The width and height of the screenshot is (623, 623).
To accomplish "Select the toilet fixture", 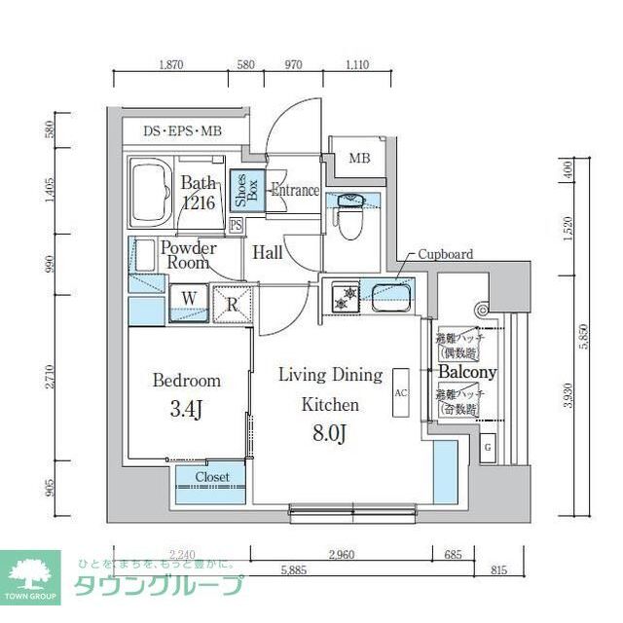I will (348, 219).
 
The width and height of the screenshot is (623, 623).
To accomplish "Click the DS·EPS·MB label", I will (182, 130).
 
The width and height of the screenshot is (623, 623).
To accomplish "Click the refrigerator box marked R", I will (233, 302).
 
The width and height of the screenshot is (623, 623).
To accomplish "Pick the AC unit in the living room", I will (400, 393).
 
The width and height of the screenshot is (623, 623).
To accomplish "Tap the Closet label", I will (212, 477).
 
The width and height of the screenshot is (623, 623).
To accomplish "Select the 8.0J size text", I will (330, 433).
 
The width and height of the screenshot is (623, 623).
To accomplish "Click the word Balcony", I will (466, 373).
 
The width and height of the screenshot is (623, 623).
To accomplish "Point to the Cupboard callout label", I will (445, 255).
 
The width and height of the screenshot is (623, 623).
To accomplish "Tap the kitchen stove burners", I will (341, 296).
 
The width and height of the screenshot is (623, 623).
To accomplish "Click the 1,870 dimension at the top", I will (170, 64).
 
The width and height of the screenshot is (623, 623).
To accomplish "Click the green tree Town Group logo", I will (30, 575).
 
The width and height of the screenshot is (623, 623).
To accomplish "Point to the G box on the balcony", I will (488, 447).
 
